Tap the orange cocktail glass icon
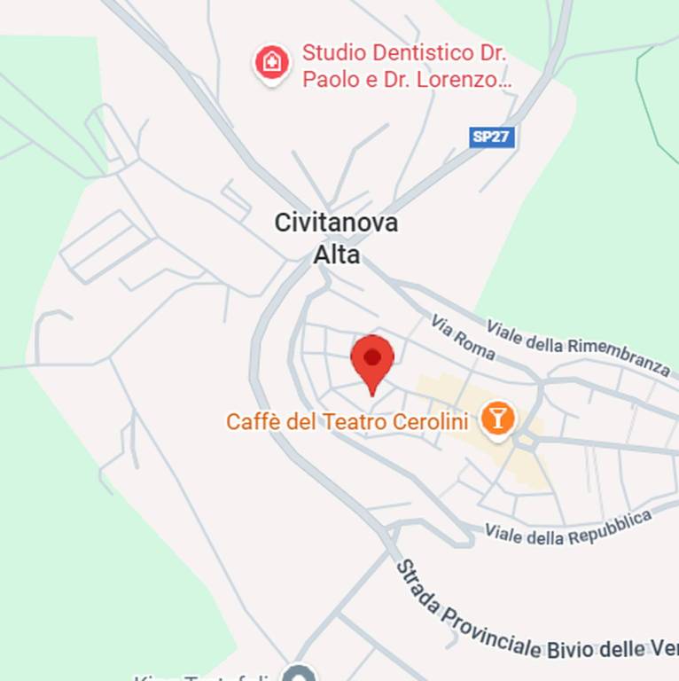tap(497, 418)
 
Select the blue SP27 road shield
tap(492, 137)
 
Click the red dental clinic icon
tap(272, 63)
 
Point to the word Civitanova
tap(336, 223)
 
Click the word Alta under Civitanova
tap(337, 255)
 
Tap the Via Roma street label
tap(464, 337)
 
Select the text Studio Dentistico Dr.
tap(404, 52)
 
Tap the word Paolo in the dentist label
tap(330, 79)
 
